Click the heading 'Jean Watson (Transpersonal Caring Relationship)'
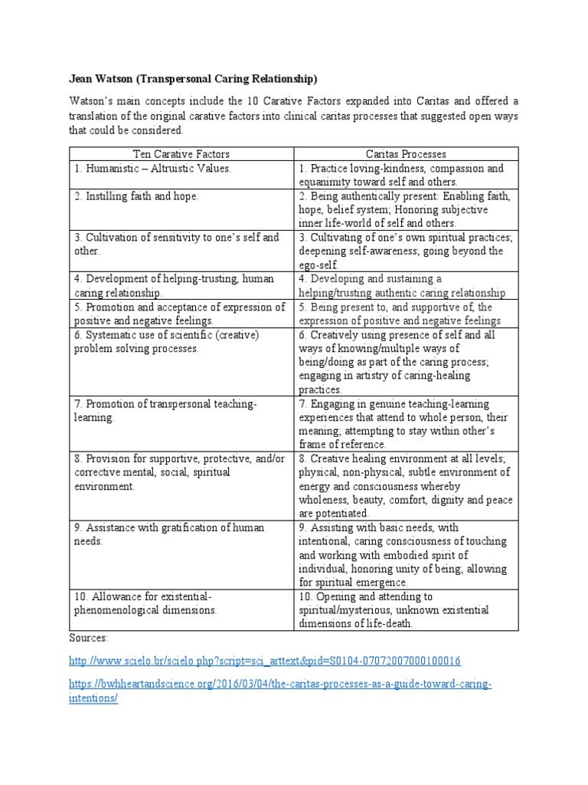pos(194,79)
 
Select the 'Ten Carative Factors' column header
pos(181,154)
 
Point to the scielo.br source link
pos(265,660)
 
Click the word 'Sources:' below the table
pos(88,637)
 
